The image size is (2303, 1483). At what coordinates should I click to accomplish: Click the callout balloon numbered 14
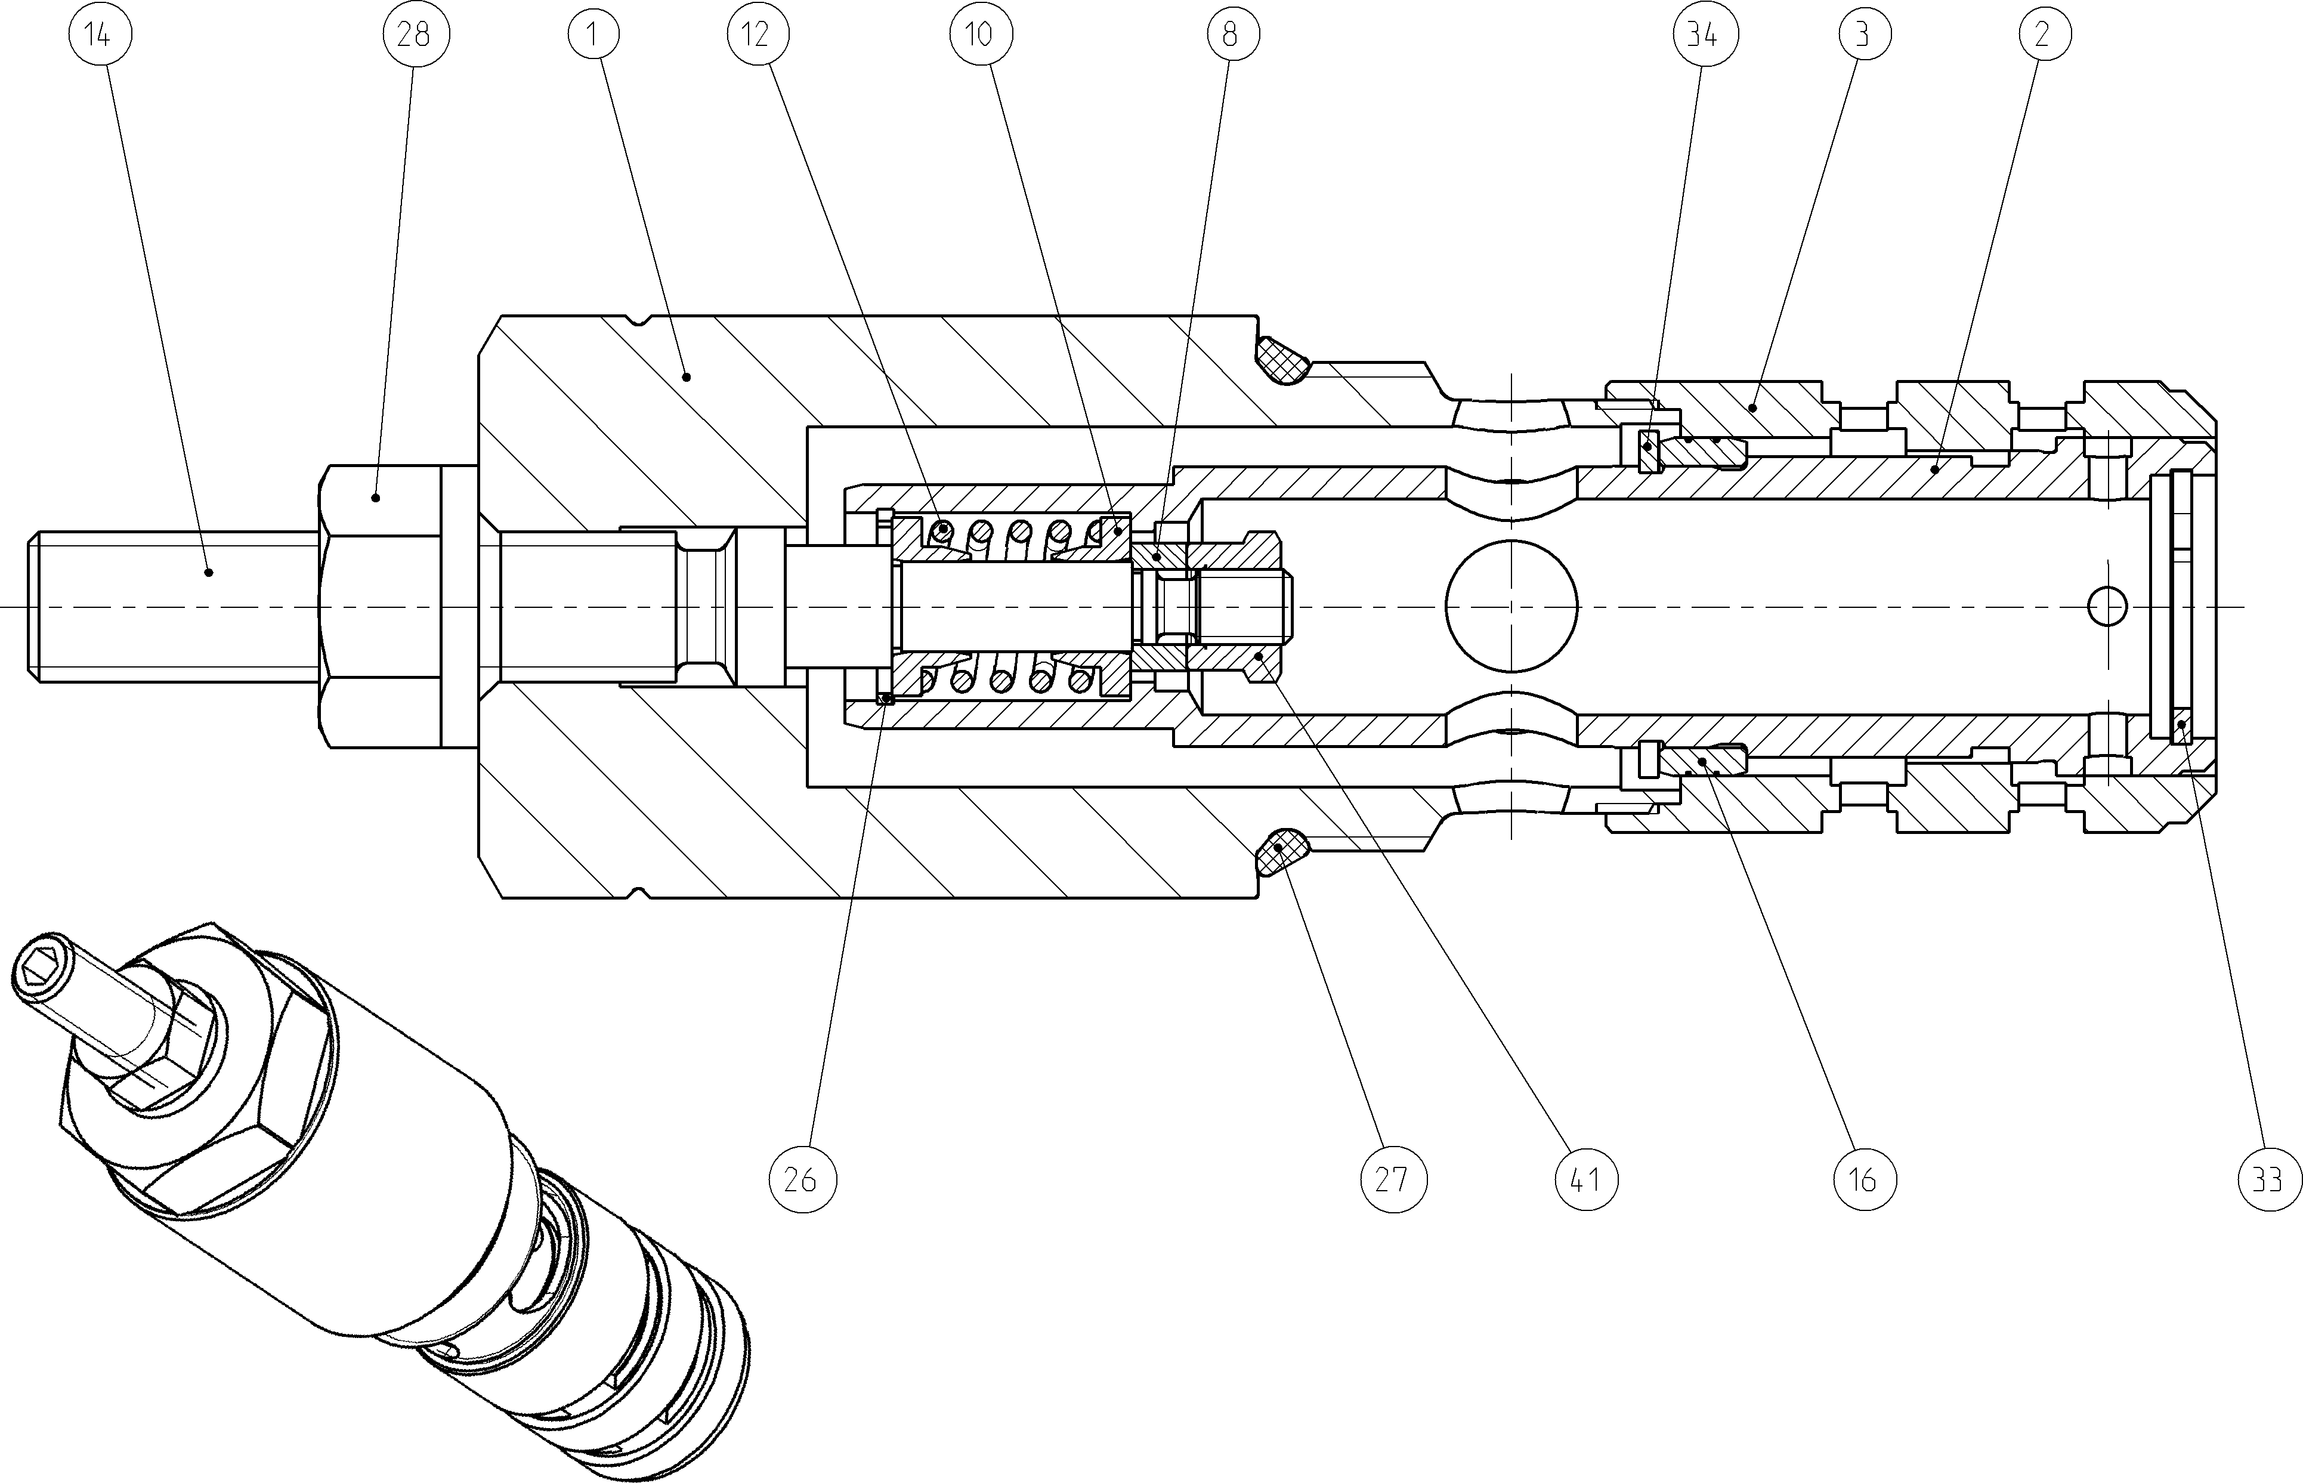pyautogui.click(x=100, y=35)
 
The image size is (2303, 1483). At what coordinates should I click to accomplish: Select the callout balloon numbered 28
pyautogui.click(x=416, y=35)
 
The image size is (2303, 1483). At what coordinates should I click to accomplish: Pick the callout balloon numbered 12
pyautogui.click(x=757, y=35)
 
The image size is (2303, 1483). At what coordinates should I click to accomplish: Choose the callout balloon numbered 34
pyautogui.click(x=1701, y=35)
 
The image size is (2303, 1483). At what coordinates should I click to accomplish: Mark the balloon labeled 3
pyautogui.click(x=1861, y=35)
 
